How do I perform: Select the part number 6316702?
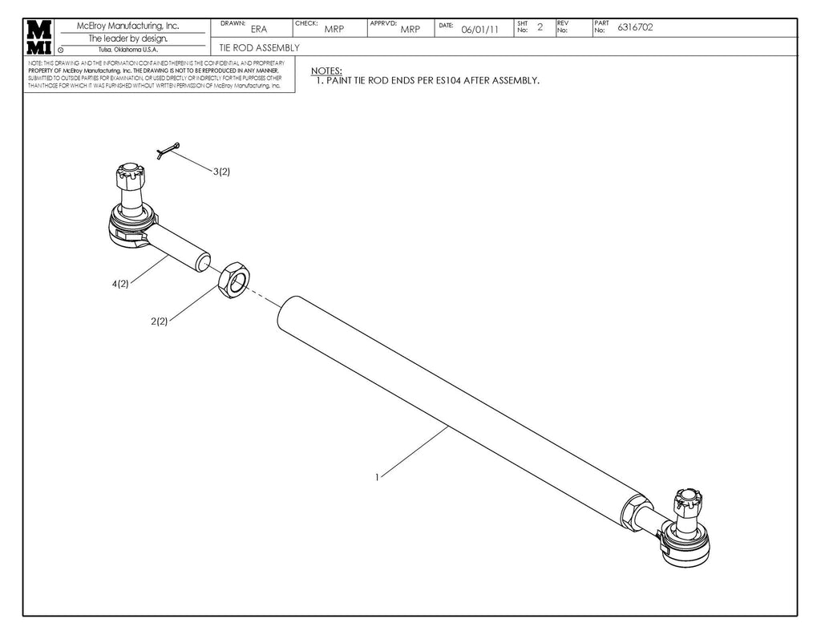click(634, 27)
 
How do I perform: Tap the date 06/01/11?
click(480, 30)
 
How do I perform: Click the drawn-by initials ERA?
click(259, 30)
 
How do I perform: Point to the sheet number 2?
click(540, 27)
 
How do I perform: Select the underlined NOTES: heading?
click(326, 71)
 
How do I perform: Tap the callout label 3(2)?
click(221, 172)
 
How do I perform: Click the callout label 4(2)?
click(120, 284)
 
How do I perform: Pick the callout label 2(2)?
click(159, 321)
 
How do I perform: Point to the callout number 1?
click(376, 477)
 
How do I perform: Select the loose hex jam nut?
click(234, 278)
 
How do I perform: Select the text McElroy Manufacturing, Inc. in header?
click(127, 26)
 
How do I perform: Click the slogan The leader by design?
click(127, 38)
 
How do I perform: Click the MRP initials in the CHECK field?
click(334, 30)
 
